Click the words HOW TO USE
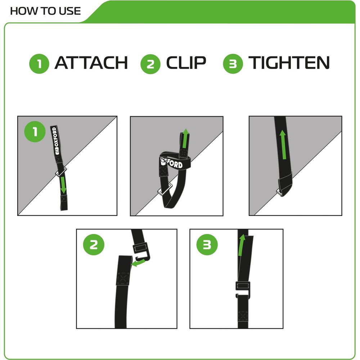click(45, 11)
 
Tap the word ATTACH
click(91, 63)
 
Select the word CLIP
click(186, 63)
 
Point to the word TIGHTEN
click(289, 63)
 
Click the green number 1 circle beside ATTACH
click(39, 64)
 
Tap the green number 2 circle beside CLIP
click(150, 64)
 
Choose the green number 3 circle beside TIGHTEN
click(233, 64)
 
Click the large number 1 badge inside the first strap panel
click(35, 131)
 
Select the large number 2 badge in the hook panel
click(94, 245)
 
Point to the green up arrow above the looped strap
click(185, 139)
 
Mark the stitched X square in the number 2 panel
click(123, 279)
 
